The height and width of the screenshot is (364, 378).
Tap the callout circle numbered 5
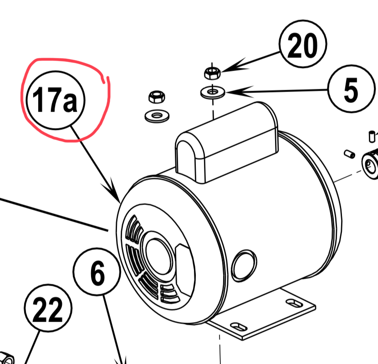pos(350,90)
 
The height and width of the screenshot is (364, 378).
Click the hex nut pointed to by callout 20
pos(212,72)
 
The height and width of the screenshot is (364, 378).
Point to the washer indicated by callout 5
pos(212,92)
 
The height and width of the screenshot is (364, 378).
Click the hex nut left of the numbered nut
pos(156,96)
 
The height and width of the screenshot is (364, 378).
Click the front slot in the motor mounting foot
pos(238,326)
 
